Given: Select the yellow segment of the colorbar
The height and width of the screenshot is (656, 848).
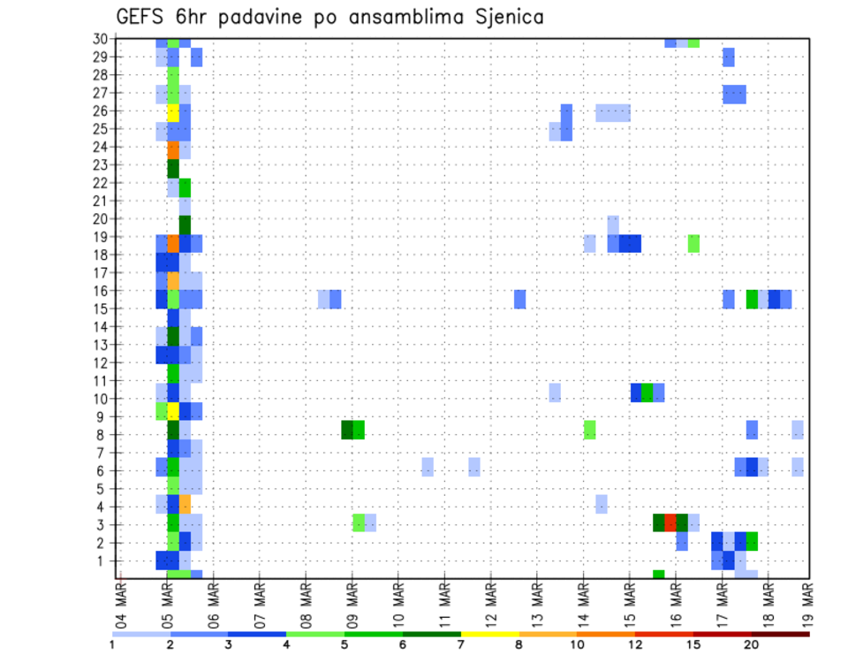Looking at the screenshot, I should tap(490, 634).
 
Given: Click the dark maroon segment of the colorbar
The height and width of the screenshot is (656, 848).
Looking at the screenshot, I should tap(781, 634).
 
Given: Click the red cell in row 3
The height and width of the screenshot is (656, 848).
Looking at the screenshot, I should tap(670, 523).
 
